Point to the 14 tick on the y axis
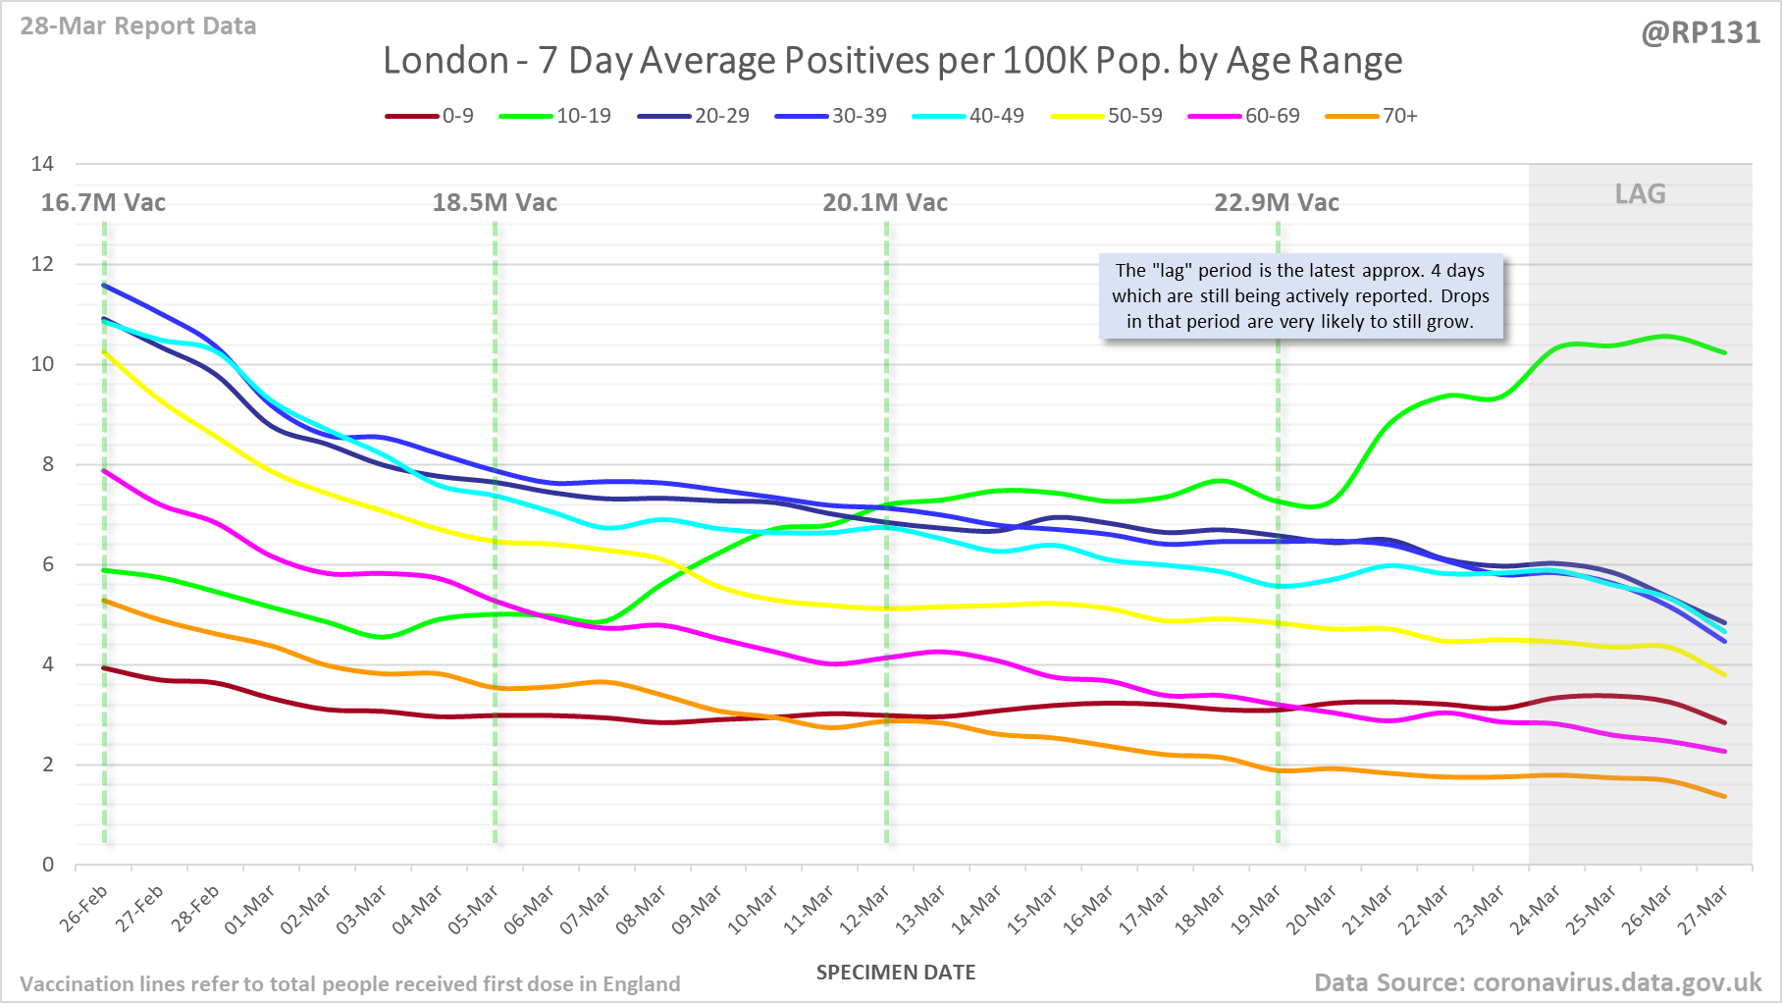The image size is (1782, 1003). click(42, 164)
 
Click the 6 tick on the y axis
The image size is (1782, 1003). click(47, 564)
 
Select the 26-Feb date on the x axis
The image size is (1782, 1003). click(84, 909)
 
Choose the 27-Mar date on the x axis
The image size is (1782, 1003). click(1703, 909)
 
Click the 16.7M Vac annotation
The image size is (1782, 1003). click(103, 203)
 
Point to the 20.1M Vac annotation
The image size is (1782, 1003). click(885, 203)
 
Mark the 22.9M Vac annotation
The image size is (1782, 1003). click(1277, 203)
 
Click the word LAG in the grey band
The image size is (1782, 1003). click(1640, 193)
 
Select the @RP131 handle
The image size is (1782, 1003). click(1701, 33)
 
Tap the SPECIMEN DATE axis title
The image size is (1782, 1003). click(896, 973)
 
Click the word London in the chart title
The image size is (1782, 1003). click(445, 61)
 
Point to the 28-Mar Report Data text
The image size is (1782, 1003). click(138, 26)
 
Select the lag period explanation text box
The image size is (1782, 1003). click(1300, 296)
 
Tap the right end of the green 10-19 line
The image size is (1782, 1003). click(1724, 352)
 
